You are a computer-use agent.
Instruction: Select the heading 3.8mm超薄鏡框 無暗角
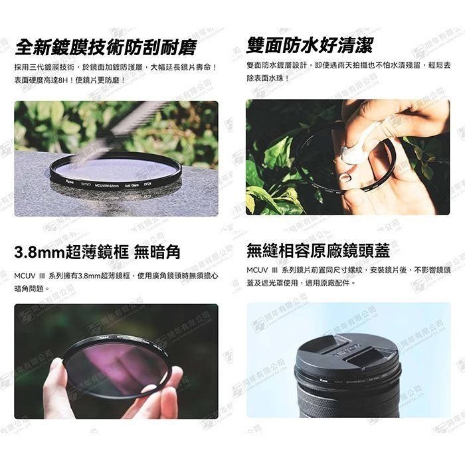(97, 252)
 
